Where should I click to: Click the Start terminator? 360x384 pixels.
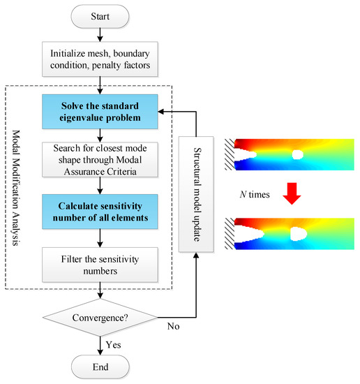click(x=102, y=15)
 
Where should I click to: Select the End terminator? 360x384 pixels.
click(x=102, y=367)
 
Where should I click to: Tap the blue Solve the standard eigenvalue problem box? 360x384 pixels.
click(x=102, y=112)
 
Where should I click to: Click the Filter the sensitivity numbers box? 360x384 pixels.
click(x=102, y=265)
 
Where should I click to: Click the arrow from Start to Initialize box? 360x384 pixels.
click(x=102, y=35)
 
